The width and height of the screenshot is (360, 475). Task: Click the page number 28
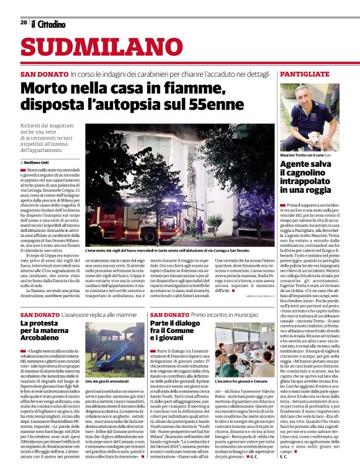24,24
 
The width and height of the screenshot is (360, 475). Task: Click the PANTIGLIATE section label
304,74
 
